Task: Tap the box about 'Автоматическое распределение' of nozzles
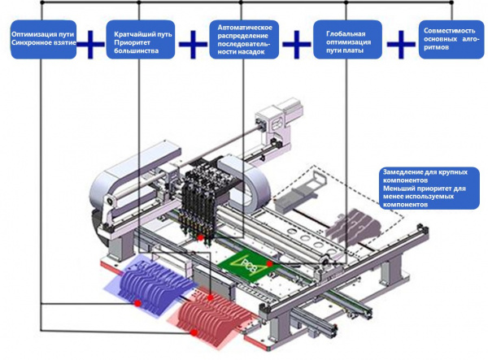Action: [243, 39]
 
